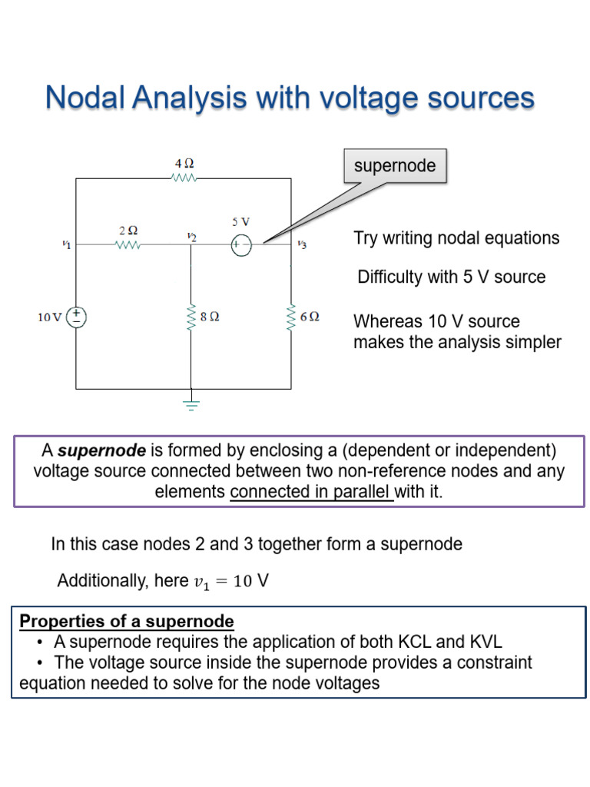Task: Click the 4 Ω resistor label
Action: [184, 164]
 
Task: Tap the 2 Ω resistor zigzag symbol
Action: [128, 246]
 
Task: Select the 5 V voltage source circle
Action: [241, 246]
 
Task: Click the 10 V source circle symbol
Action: [78, 317]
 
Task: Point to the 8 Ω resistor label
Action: [210, 317]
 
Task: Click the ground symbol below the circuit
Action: [191, 404]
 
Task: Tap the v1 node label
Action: [66, 244]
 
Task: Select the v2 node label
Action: [191, 237]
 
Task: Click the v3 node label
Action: [302, 245]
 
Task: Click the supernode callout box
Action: [394, 166]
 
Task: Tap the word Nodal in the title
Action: [85, 98]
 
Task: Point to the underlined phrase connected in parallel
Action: [311, 493]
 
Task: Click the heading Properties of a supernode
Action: [127, 621]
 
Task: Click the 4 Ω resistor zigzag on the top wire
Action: [184, 178]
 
